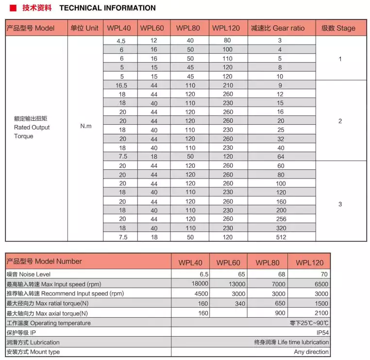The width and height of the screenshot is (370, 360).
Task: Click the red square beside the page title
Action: [x=13, y=8]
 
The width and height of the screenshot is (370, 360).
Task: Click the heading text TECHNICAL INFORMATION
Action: [x=107, y=8]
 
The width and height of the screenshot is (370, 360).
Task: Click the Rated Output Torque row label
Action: [x=32, y=128]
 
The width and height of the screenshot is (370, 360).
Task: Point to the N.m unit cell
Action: [x=85, y=126]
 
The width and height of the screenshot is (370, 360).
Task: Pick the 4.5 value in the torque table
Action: [x=121, y=41]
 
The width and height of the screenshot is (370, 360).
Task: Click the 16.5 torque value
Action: [x=121, y=85]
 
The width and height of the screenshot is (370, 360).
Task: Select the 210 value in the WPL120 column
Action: [x=228, y=85]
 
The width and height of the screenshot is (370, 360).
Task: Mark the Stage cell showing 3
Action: [x=340, y=204]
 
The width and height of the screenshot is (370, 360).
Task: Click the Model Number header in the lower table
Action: [x=44, y=262]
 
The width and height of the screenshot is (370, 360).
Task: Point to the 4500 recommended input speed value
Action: [x=201, y=294]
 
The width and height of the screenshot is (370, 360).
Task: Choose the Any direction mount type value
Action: [x=311, y=352]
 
